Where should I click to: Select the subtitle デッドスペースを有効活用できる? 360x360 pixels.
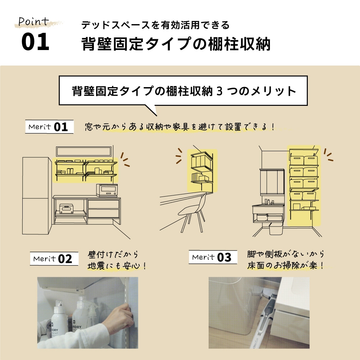155,25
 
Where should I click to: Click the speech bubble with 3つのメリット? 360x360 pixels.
184,91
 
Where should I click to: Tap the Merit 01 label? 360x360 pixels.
49,127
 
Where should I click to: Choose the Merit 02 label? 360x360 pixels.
54,258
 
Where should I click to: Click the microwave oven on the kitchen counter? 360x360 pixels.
107,190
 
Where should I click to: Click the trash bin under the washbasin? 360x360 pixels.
275,228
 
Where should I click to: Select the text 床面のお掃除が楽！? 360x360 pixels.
285,266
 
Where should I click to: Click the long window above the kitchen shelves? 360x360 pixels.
84,151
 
